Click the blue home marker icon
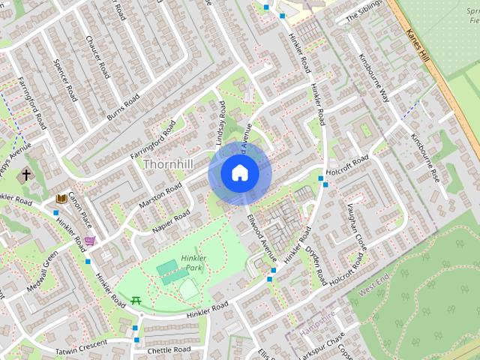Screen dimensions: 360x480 pos(240,173)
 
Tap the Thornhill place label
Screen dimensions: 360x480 pos(168,163)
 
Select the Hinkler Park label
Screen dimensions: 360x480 pos(193,262)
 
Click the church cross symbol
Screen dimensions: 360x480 pos(26,175)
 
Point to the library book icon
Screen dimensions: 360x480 pos(61,199)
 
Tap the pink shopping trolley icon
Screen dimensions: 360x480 pos(91,241)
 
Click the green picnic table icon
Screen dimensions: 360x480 pos(136,301)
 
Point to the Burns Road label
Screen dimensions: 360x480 pos(123,107)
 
